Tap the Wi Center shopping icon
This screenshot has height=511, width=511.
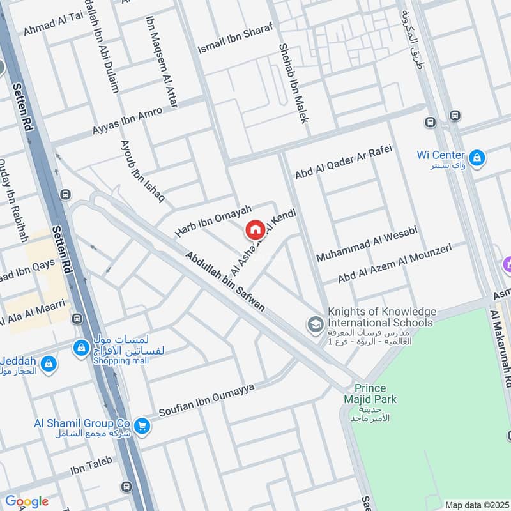(476, 157)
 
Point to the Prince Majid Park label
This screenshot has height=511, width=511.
(376, 394)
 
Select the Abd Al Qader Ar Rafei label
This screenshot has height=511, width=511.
(342, 161)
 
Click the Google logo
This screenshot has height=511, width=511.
(26, 501)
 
